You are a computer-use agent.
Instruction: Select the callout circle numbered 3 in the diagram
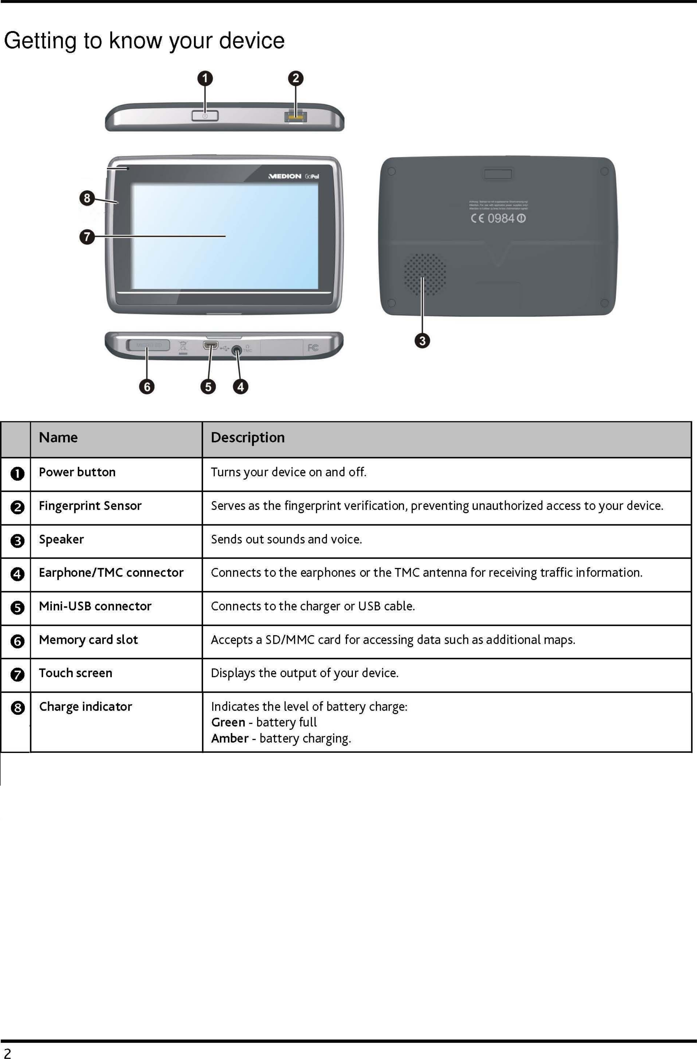pos(422,341)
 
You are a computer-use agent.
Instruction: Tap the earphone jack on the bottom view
pos(237,350)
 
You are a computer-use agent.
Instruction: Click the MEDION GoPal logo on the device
pos(294,176)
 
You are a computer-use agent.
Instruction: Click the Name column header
pos(58,437)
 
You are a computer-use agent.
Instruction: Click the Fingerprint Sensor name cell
pos(90,506)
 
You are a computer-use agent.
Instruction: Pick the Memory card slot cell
pos(88,640)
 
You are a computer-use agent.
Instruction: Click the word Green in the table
pos(228,722)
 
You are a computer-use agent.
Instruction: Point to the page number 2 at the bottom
pos(7,1053)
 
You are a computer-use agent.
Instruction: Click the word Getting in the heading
pos(40,41)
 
